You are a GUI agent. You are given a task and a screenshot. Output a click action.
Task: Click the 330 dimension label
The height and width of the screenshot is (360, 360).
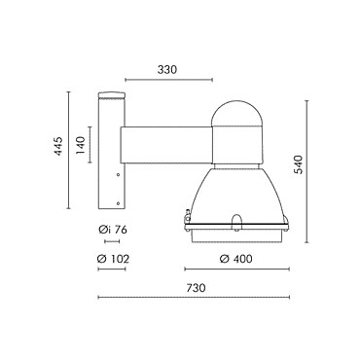coord(167,70)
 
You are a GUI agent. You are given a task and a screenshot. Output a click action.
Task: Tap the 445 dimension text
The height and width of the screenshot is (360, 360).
coord(58,146)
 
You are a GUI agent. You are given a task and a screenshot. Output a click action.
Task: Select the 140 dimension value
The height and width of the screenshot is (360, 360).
coord(80,146)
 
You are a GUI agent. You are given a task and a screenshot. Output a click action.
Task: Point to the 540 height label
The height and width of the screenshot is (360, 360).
coord(298,164)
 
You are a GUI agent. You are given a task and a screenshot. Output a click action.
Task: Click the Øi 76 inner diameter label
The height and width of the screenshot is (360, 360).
coord(113,230)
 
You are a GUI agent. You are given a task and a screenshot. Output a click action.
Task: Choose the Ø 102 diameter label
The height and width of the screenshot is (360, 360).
coord(113,259)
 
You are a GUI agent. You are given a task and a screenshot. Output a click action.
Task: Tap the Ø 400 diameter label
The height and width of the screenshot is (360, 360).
coord(235,259)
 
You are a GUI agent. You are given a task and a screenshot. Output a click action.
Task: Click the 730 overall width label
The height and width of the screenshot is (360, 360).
coord(197,288)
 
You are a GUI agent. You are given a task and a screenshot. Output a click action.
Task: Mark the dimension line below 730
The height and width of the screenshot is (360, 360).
coord(194,297)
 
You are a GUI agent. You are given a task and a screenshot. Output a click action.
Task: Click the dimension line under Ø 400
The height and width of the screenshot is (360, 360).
coord(236,269)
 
